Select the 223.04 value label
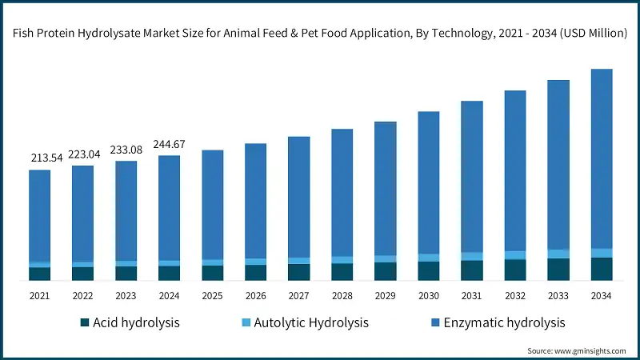[83, 154]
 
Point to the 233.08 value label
[126, 149]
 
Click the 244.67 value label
[170, 144]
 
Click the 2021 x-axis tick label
[40, 296]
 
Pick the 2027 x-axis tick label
[299, 296]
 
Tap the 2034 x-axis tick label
[601, 296]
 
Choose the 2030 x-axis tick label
[429, 296]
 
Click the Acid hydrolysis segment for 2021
[40, 274]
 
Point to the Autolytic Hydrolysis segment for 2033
[558, 254]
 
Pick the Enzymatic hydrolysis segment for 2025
[213, 204]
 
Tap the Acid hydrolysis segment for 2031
[472, 270]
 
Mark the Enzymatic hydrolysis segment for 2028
[342, 192]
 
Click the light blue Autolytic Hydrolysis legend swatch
[246, 323]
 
